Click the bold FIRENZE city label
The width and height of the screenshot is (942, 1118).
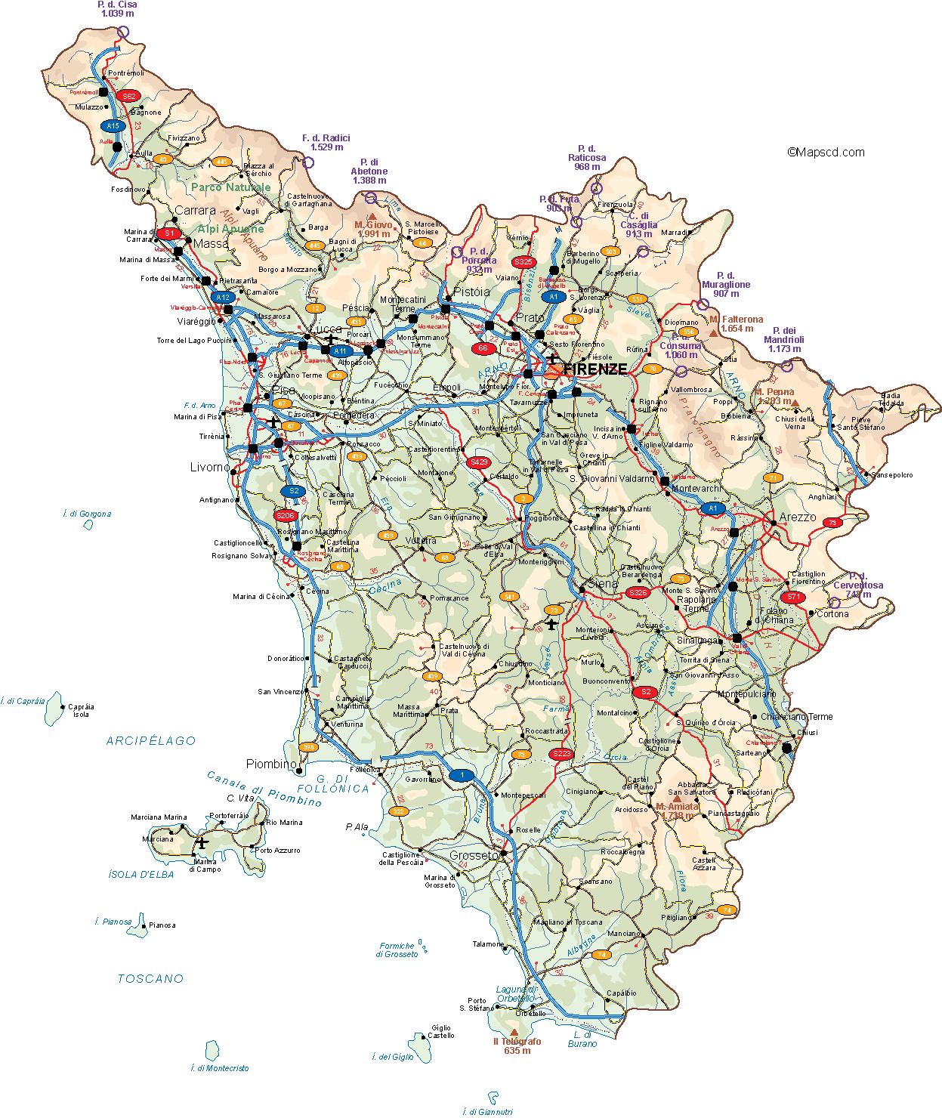595,369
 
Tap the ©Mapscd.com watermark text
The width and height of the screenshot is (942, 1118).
826,153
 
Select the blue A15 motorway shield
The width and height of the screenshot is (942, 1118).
113,126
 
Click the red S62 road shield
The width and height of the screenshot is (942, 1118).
129,96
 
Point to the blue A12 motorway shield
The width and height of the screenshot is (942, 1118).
223,298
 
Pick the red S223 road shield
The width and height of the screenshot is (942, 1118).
561,754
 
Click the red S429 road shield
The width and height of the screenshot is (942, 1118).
479,462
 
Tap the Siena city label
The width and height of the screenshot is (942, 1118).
603,584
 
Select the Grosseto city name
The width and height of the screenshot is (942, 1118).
474,856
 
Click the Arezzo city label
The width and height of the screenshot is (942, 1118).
798,517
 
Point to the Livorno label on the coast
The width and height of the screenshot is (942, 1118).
209,468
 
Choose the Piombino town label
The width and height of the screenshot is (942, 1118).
271,764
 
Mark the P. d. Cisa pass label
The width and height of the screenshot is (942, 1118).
117,9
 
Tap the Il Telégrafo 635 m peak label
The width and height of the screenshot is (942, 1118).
517,1045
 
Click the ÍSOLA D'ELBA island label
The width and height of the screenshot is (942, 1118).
141,875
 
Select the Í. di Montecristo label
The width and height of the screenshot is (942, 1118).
220,1068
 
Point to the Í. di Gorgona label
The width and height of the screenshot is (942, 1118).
87,514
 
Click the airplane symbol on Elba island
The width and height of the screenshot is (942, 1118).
202,842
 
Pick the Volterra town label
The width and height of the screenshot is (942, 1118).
421,541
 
